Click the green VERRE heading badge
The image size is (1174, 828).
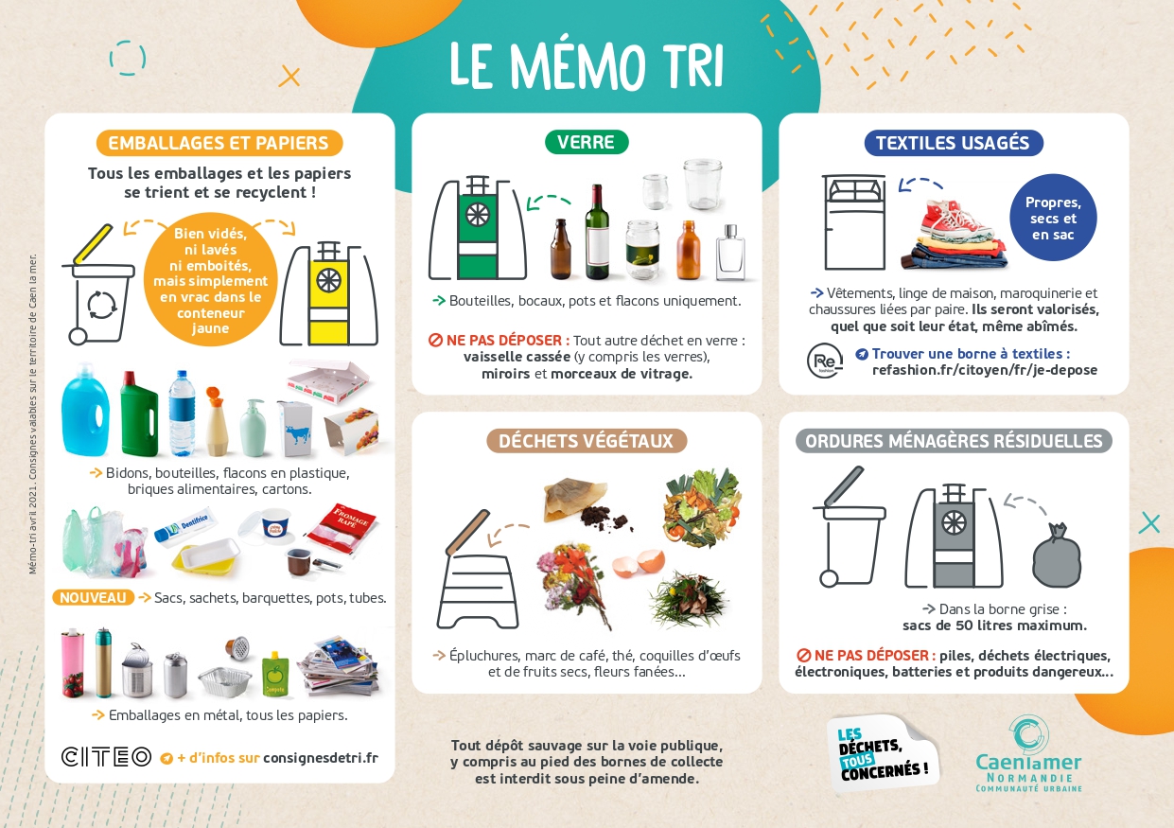pos(586,142)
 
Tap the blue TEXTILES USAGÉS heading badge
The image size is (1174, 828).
pos(954,143)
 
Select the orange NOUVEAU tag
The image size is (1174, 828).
pos(94,598)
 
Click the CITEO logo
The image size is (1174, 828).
pos(106,757)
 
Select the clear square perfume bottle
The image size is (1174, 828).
pos(730,253)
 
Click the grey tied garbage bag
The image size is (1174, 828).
pos(1057,555)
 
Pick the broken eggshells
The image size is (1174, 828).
pos(639,563)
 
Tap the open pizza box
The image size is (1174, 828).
pos(327,380)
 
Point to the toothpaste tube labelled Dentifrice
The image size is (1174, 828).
pos(185,526)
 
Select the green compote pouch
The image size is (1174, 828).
pos(273,675)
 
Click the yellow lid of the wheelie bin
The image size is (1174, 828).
pos(94,244)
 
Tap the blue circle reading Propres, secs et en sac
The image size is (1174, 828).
pos(1053,218)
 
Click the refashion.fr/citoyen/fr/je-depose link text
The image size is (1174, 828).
pos(984,370)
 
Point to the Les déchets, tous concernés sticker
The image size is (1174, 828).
pos(884,753)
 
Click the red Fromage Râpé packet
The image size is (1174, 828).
pos(343,529)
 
